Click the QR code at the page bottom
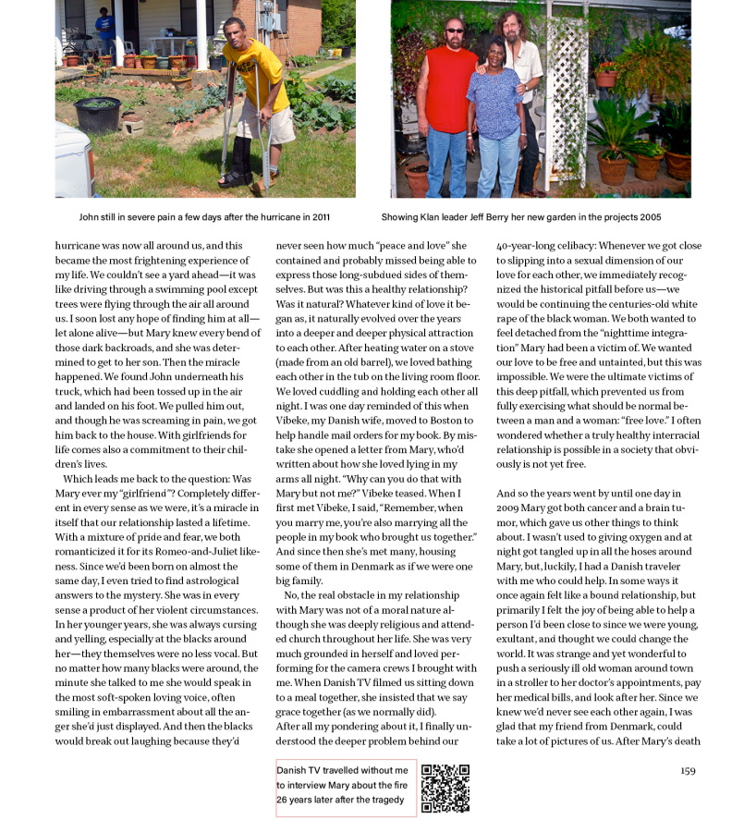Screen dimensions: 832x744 pos(445,789)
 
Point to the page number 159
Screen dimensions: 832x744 pos(688,770)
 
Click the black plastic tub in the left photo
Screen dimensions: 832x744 pos(96,116)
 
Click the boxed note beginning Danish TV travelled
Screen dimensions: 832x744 pos(345,789)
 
